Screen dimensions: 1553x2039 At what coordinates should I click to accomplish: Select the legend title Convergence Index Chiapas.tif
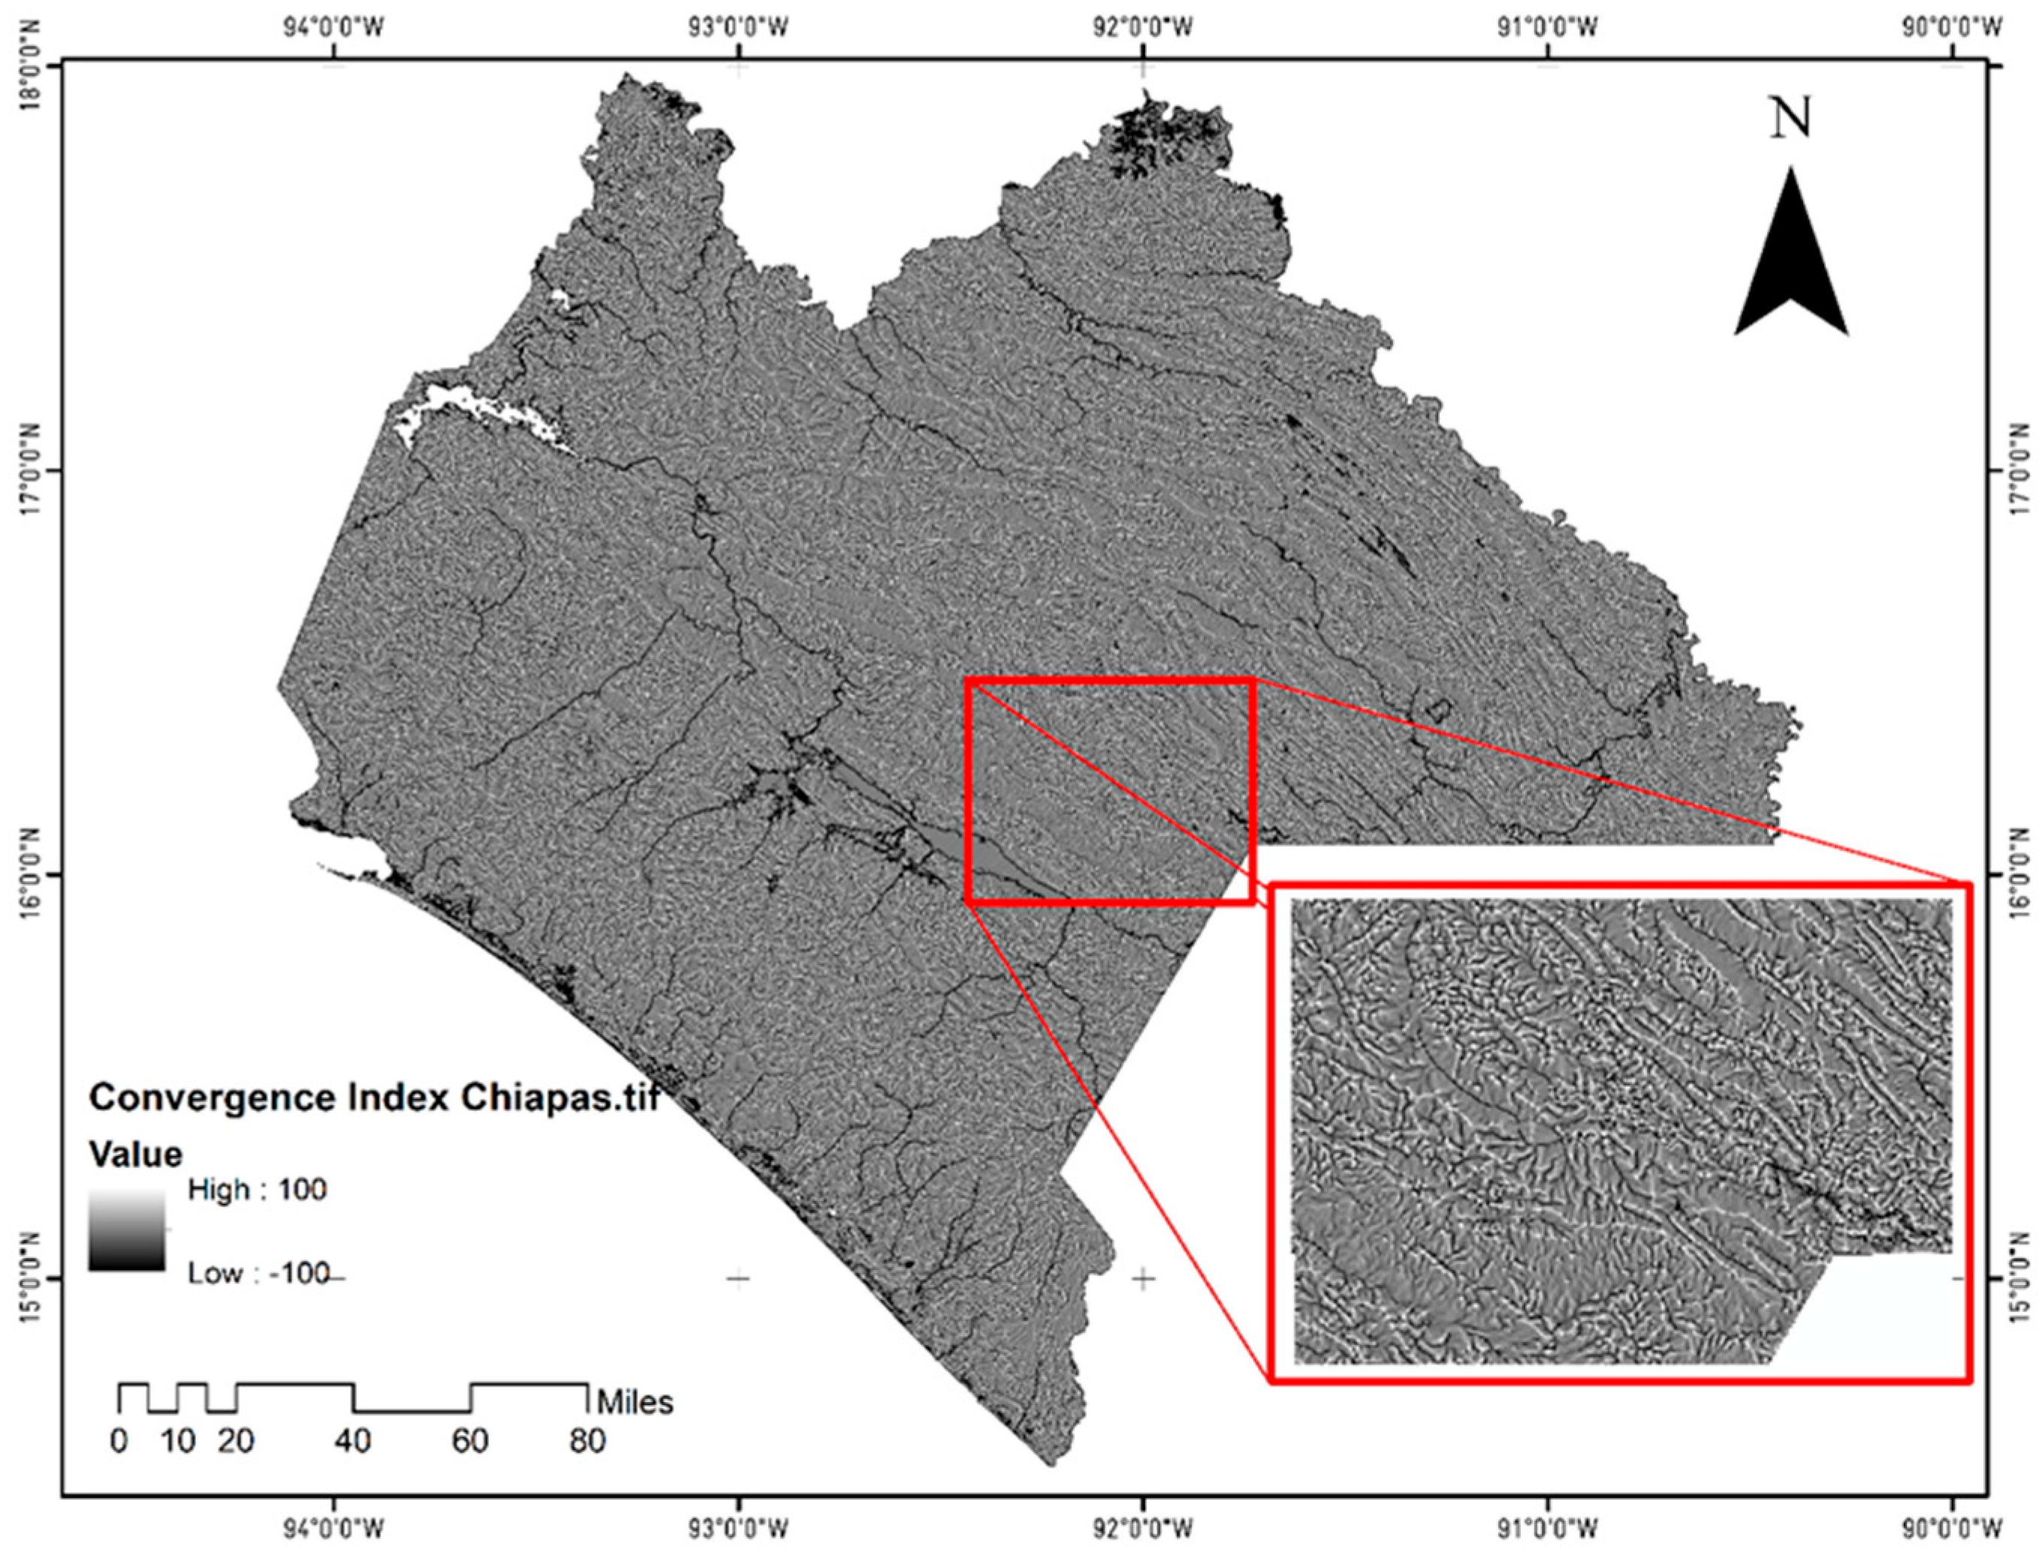point(375,1097)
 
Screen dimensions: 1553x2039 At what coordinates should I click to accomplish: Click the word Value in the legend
point(135,1154)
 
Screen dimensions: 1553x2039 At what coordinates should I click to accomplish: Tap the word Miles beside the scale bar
point(635,1402)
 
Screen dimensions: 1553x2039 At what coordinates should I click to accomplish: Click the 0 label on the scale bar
point(119,1441)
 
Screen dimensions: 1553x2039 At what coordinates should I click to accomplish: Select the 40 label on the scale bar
point(352,1441)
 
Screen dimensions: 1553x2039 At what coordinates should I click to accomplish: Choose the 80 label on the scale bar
point(587,1441)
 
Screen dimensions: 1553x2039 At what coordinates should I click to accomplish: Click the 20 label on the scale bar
point(236,1441)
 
